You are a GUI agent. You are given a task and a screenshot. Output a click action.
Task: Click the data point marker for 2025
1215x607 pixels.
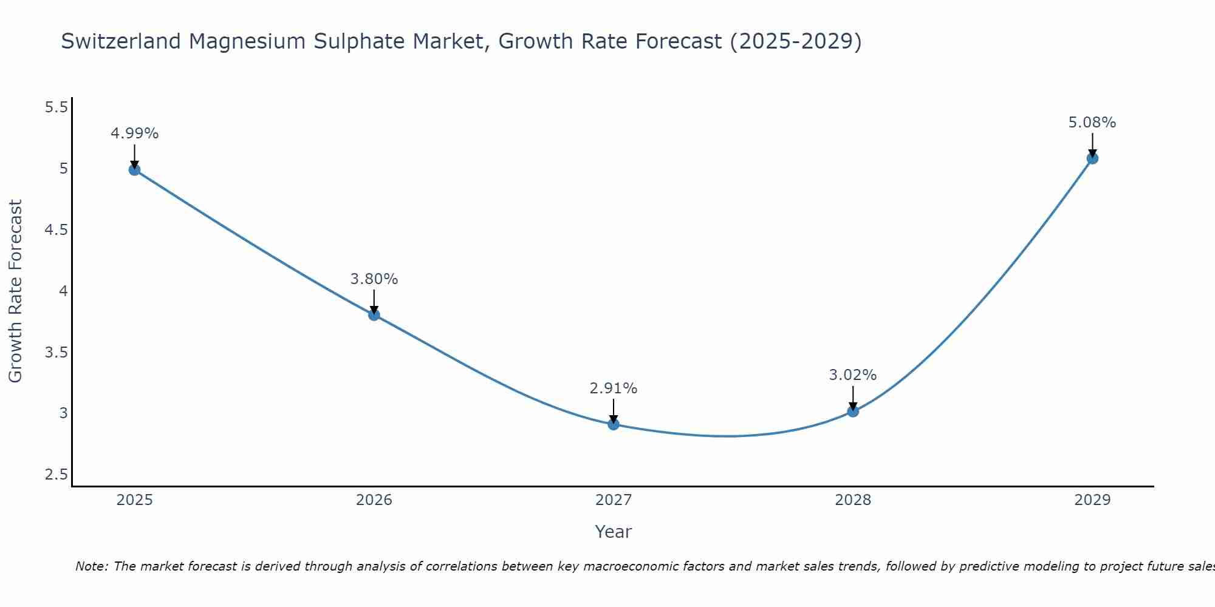tap(134, 169)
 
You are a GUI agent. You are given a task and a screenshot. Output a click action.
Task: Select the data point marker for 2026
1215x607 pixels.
tap(374, 314)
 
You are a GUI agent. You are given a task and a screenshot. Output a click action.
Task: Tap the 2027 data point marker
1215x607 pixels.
tap(614, 424)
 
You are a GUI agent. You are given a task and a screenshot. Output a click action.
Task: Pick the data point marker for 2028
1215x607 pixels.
tap(853, 411)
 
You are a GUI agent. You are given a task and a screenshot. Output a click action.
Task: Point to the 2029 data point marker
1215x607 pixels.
tap(1092, 158)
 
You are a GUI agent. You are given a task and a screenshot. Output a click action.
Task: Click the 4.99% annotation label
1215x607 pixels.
tap(134, 134)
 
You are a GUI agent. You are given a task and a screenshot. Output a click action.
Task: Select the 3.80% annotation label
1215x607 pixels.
tap(374, 279)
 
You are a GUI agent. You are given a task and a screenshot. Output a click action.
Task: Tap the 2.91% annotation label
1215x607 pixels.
tap(614, 388)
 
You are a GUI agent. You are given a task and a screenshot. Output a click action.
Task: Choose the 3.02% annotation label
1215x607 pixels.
tap(853, 375)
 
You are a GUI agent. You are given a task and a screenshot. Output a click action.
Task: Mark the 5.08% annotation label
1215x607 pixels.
tap(1092, 123)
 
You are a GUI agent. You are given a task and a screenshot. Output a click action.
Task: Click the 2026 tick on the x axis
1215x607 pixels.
tap(374, 500)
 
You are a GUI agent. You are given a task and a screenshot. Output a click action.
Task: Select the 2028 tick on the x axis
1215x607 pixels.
tap(853, 500)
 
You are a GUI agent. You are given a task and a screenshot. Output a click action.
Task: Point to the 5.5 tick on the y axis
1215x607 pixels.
tap(56, 107)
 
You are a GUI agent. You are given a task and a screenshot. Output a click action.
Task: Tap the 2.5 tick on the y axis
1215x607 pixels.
tap(56, 475)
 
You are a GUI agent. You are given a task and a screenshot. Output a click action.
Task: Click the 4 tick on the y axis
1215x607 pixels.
tap(63, 291)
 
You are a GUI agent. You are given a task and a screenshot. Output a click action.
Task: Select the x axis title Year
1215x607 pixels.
tap(614, 532)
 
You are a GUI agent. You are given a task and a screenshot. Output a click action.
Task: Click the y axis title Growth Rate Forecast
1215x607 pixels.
tap(15, 291)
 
